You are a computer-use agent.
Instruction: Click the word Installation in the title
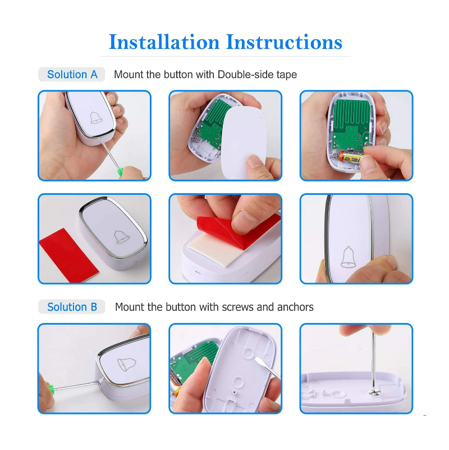164,42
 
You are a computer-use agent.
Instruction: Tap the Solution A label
72,75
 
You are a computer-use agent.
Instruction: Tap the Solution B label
72,307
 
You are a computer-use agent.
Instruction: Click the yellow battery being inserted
353,160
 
